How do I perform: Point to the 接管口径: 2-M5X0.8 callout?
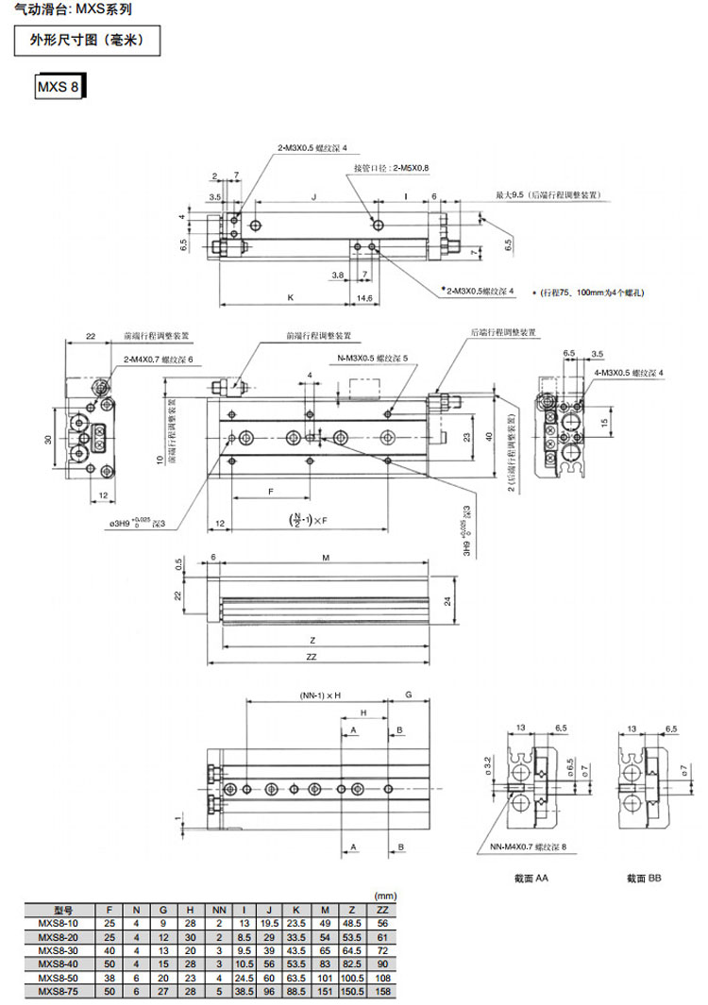pyautogui.click(x=391, y=168)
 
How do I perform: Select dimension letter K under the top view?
pyautogui.click(x=291, y=297)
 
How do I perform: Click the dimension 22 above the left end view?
pyautogui.click(x=91, y=336)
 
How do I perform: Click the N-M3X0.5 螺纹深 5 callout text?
pyautogui.click(x=373, y=359)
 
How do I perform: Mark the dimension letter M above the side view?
pyautogui.click(x=326, y=559)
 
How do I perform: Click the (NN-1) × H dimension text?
pyautogui.click(x=313, y=695)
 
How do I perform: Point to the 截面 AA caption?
pyautogui.click(x=531, y=878)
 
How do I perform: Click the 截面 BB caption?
pyautogui.click(x=645, y=878)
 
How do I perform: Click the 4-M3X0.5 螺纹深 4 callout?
pyautogui.click(x=630, y=374)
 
